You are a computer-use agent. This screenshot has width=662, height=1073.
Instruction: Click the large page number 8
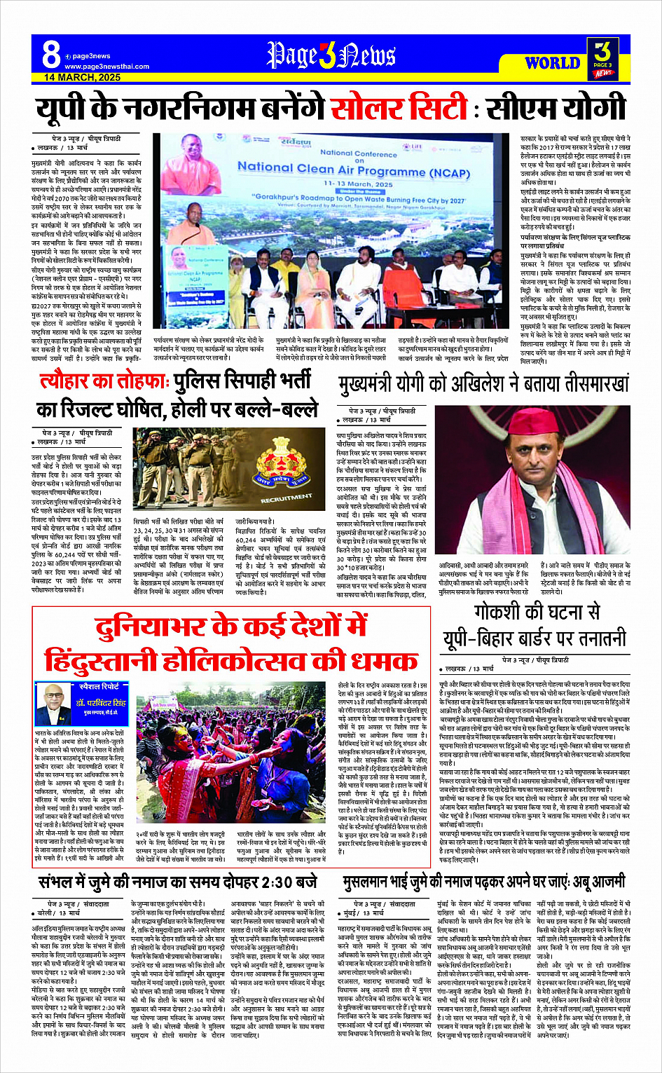coord(51,55)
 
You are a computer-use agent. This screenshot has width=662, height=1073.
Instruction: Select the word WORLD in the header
coord(552,63)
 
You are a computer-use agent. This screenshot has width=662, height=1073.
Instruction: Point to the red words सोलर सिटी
coord(399,109)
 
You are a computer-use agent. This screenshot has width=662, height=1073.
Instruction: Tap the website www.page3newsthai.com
coord(106,67)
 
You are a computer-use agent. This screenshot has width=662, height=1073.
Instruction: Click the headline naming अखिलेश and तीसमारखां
coord(483,383)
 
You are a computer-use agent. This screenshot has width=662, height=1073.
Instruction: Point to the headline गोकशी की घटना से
coord(537,612)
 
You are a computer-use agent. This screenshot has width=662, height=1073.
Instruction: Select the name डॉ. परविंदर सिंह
coord(102,702)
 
